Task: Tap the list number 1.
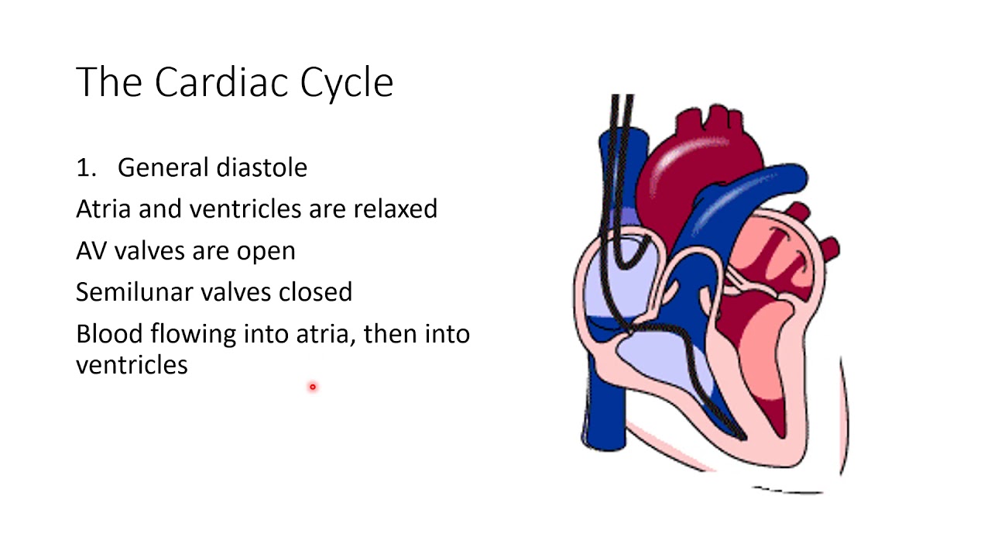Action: (x=84, y=167)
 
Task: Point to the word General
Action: (x=163, y=167)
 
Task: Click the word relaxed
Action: (x=395, y=208)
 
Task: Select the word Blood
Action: (x=109, y=333)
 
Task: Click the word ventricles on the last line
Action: (x=132, y=364)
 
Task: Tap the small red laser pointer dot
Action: (x=313, y=386)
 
